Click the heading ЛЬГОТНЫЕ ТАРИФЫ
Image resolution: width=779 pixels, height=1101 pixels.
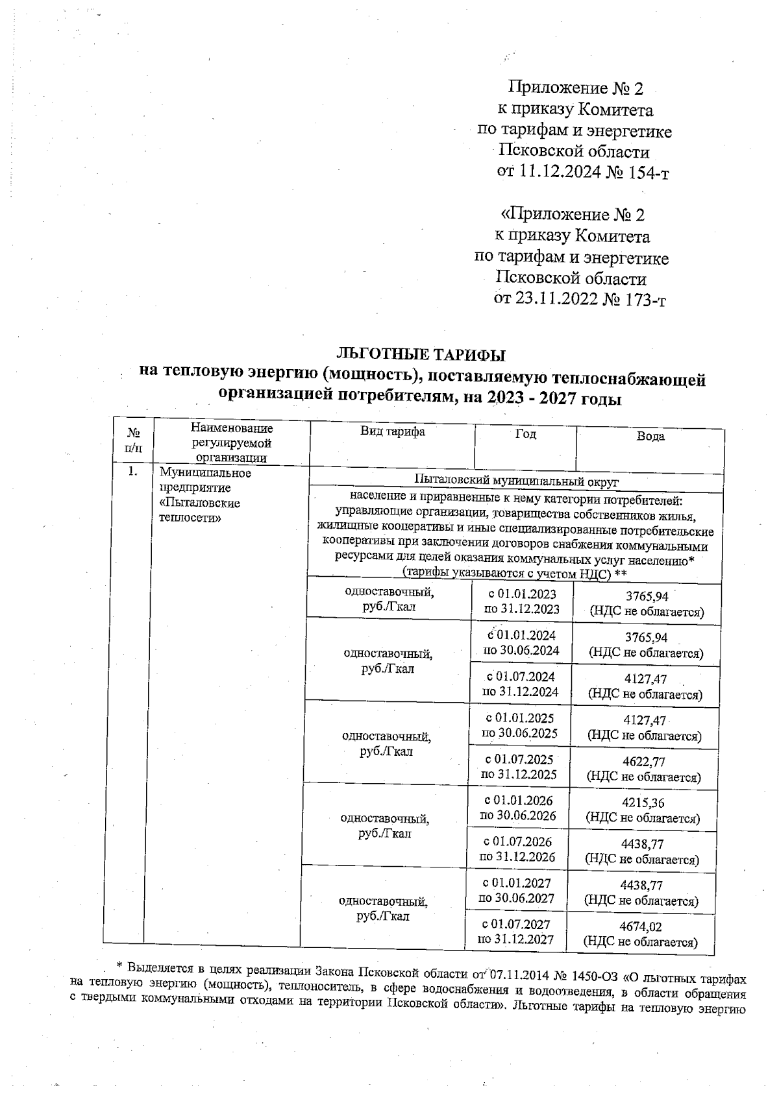click(x=420, y=355)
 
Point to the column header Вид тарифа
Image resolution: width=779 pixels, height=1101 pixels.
click(x=393, y=432)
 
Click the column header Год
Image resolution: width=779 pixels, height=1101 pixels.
click(x=525, y=434)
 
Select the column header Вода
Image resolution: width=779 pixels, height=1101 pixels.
click(x=650, y=437)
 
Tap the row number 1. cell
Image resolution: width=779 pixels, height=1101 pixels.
click(x=132, y=472)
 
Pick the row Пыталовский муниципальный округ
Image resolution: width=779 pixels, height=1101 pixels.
click(x=516, y=481)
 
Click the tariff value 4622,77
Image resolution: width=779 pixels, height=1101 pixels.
click(x=643, y=762)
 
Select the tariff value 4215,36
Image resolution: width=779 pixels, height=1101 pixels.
click(x=643, y=803)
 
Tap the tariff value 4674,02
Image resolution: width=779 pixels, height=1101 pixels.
click(x=641, y=927)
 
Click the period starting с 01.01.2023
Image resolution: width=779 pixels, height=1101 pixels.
click(x=522, y=594)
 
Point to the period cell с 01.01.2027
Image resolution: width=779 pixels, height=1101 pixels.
click(x=517, y=883)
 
